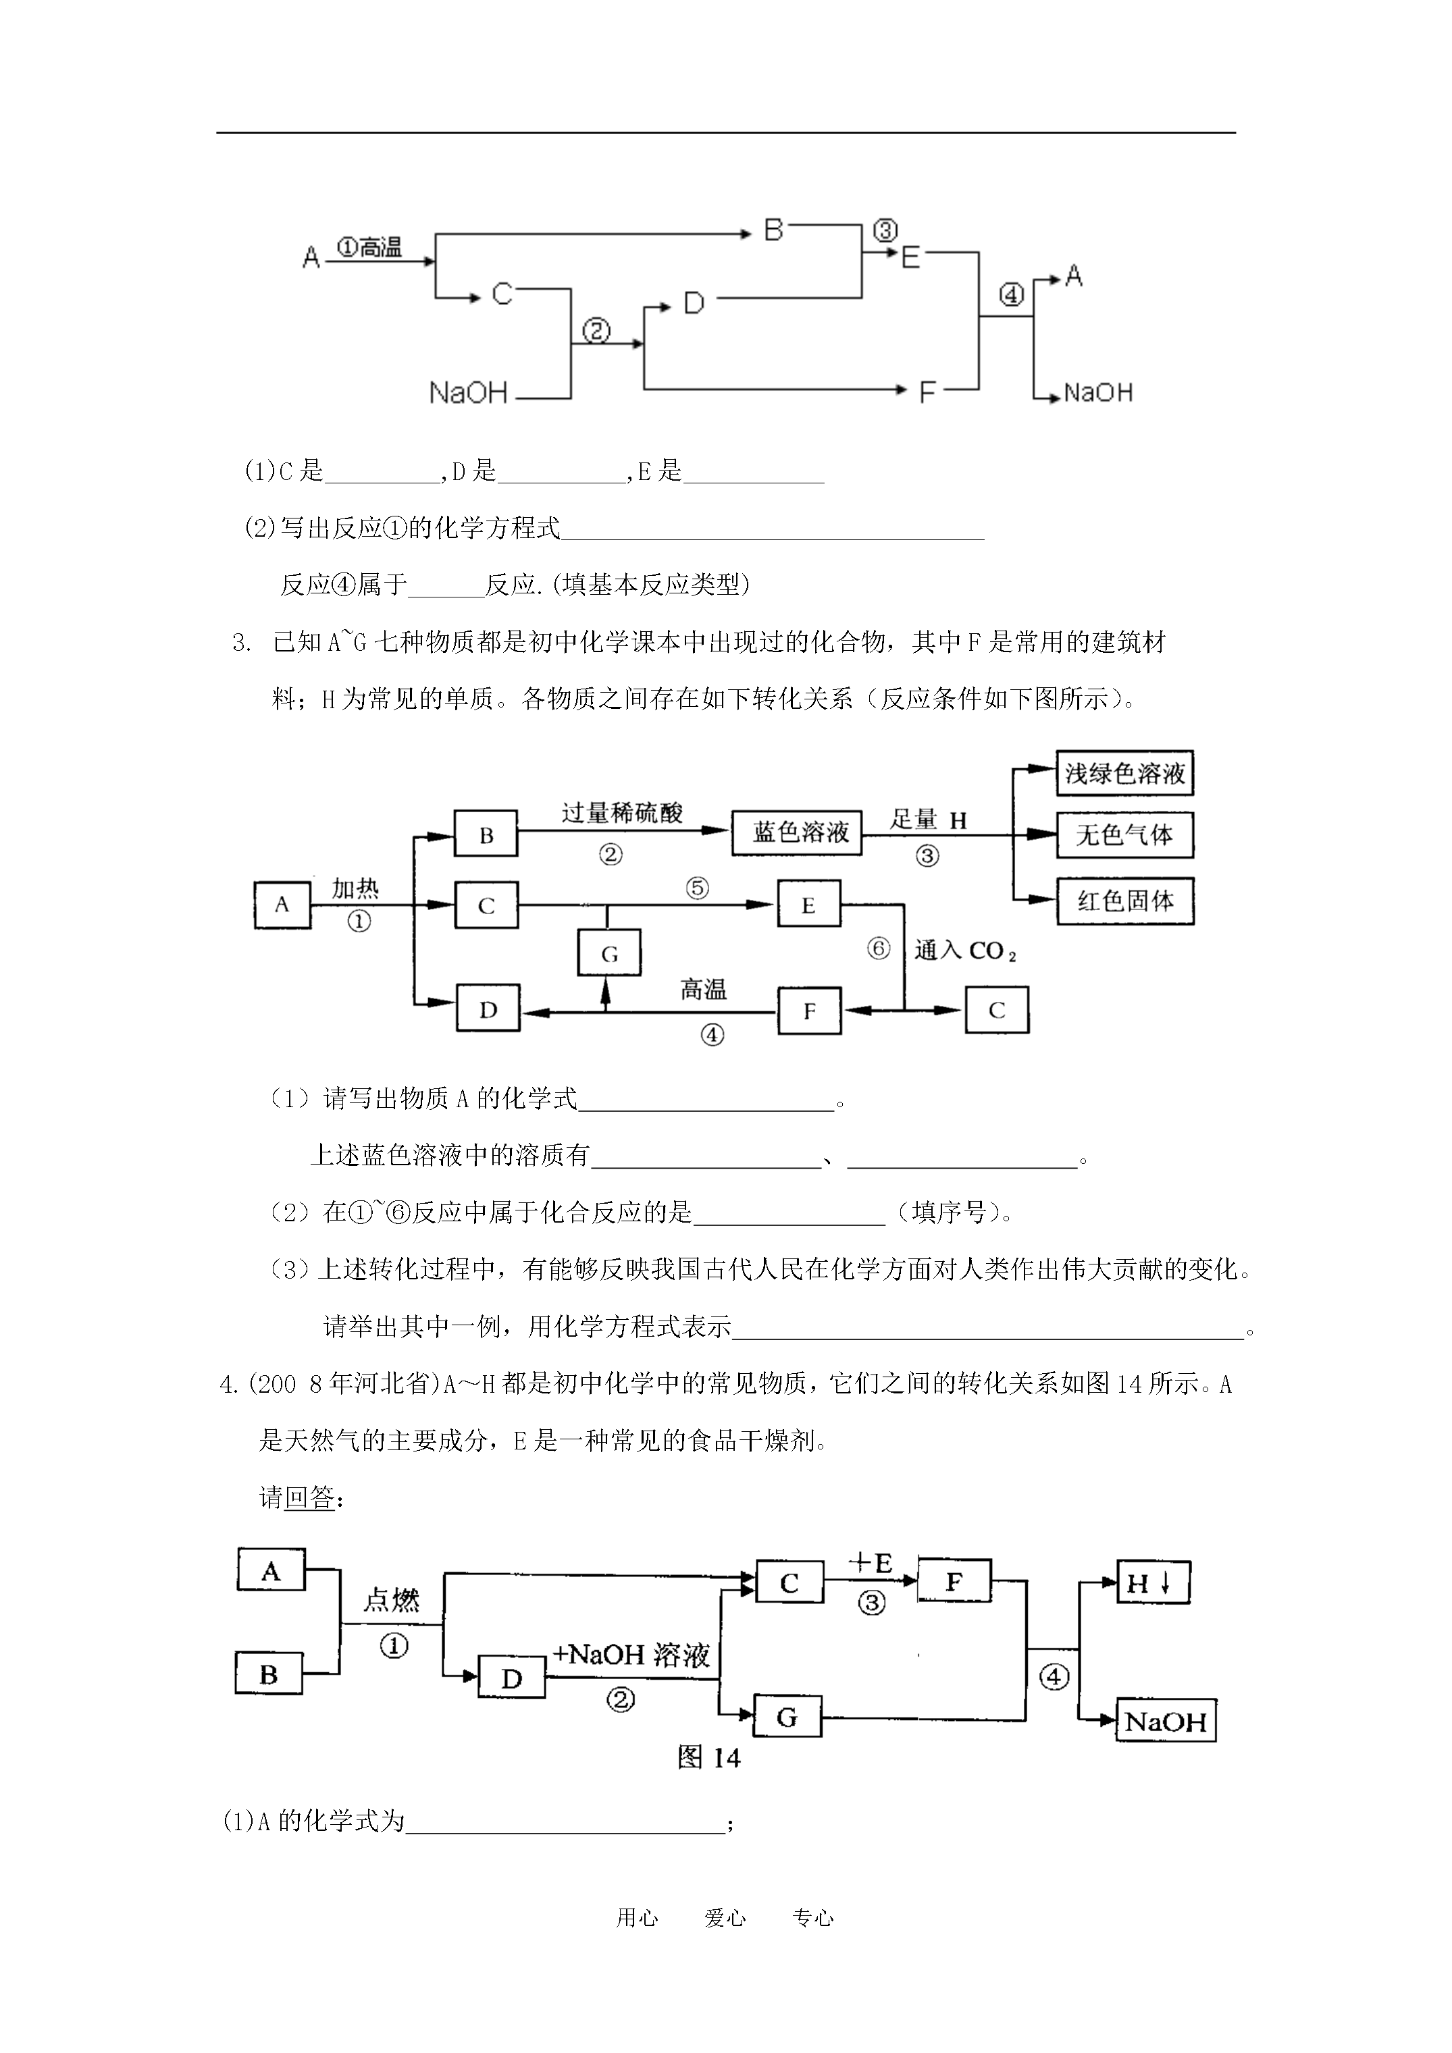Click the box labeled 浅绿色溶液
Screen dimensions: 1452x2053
[x=1124, y=774]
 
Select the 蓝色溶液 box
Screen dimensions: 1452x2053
[x=796, y=832]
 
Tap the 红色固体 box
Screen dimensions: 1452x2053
[x=1124, y=901]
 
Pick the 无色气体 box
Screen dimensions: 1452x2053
[x=1124, y=835]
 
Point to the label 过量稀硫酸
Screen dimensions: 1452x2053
[x=622, y=813]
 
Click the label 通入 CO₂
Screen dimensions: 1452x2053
[x=965, y=951]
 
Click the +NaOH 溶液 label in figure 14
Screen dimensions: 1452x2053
[x=631, y=1654]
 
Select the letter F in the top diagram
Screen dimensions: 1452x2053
[x=927, y=391]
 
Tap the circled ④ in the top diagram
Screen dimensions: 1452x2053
[x=1011, y=294]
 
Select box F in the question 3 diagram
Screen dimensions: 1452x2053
[x=809, y=1011]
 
